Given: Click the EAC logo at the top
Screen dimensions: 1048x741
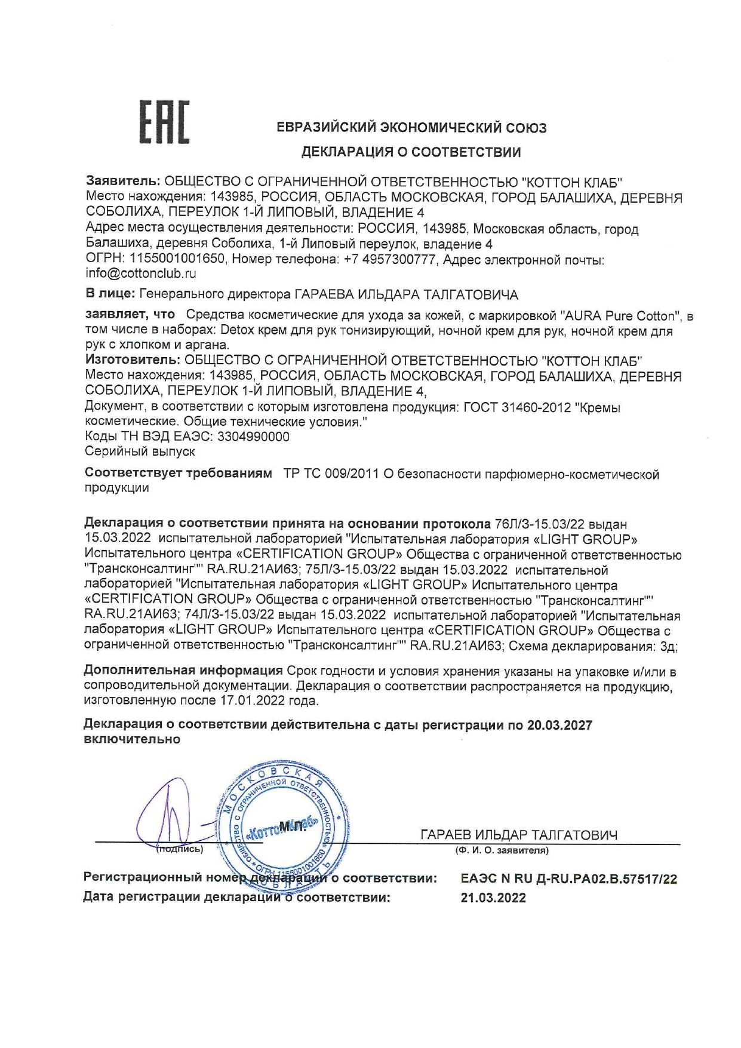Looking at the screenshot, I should point(164,122).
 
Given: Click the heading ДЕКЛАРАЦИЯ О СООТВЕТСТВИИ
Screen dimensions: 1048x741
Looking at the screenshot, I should point(411,152).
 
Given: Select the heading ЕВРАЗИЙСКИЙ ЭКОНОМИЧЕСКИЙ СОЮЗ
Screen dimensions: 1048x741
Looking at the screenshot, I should point(411,127).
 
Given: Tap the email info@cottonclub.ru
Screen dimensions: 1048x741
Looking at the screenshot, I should point(141,274).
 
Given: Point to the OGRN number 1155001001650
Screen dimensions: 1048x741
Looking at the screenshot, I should point(177,259).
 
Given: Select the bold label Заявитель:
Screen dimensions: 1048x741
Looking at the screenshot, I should point(123,181).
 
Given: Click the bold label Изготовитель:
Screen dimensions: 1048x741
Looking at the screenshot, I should point(132,360).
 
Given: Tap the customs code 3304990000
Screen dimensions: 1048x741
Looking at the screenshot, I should point(254,437).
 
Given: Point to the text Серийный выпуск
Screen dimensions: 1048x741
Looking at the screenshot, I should point(140,451).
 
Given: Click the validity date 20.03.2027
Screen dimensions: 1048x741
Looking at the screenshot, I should point(559,725).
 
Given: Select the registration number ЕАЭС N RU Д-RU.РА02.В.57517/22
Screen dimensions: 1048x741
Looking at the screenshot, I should point(569,879).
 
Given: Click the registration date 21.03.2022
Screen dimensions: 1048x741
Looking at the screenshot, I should point(493,898).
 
